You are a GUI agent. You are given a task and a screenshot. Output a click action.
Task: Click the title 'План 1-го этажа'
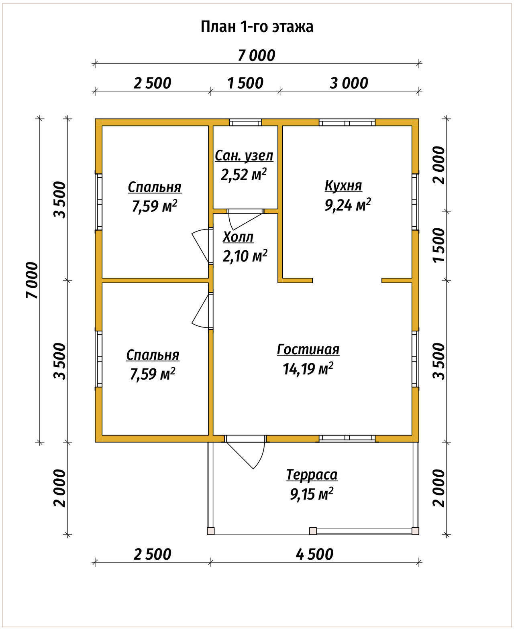257,27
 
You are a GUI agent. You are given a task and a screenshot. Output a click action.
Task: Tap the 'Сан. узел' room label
244,156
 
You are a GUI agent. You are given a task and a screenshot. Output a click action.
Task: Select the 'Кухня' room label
343,185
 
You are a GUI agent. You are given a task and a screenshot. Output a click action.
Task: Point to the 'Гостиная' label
308,350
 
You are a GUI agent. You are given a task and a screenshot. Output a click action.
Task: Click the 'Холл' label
238,237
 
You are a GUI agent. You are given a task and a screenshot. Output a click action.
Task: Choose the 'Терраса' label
312,475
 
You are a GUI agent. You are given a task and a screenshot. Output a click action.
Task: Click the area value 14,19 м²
308,369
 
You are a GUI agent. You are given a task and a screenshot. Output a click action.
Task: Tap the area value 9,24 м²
348,205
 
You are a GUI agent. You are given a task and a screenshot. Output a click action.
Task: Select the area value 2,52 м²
243,175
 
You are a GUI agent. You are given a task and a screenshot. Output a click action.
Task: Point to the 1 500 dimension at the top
245,83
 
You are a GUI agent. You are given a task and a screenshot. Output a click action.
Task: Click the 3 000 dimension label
349,83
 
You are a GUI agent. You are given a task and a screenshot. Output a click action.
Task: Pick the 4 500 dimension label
314,555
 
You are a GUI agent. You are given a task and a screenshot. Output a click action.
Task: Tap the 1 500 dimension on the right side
439,245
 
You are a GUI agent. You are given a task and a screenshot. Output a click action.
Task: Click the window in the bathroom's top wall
245,122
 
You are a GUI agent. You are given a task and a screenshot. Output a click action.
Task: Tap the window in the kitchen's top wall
347,122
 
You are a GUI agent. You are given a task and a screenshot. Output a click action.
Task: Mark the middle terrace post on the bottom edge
313,531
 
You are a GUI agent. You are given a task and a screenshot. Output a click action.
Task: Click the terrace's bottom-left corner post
210,531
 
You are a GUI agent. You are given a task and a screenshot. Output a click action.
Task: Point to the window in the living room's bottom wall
347,438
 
